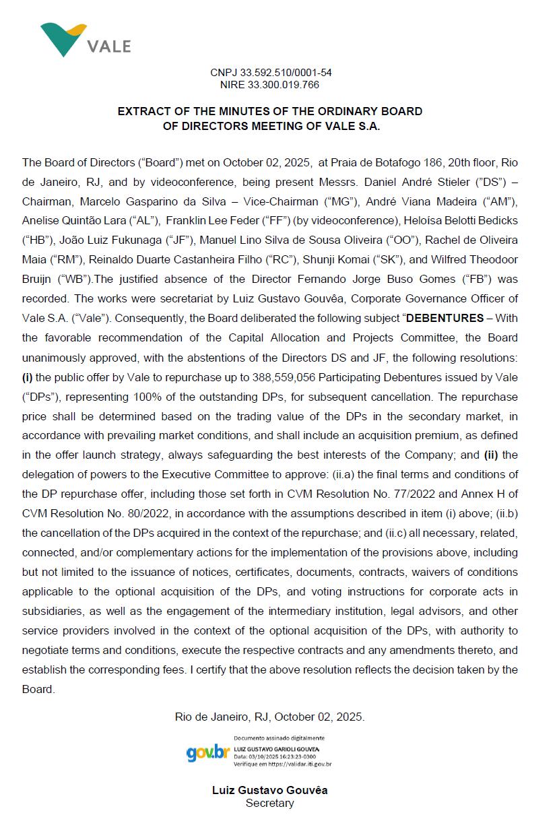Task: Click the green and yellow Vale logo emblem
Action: (x=63, y=39)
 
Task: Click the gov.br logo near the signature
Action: (x=208, y=752)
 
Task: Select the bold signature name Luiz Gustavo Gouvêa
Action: (x=269, y=790)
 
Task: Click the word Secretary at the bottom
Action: (x=269, y=803)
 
